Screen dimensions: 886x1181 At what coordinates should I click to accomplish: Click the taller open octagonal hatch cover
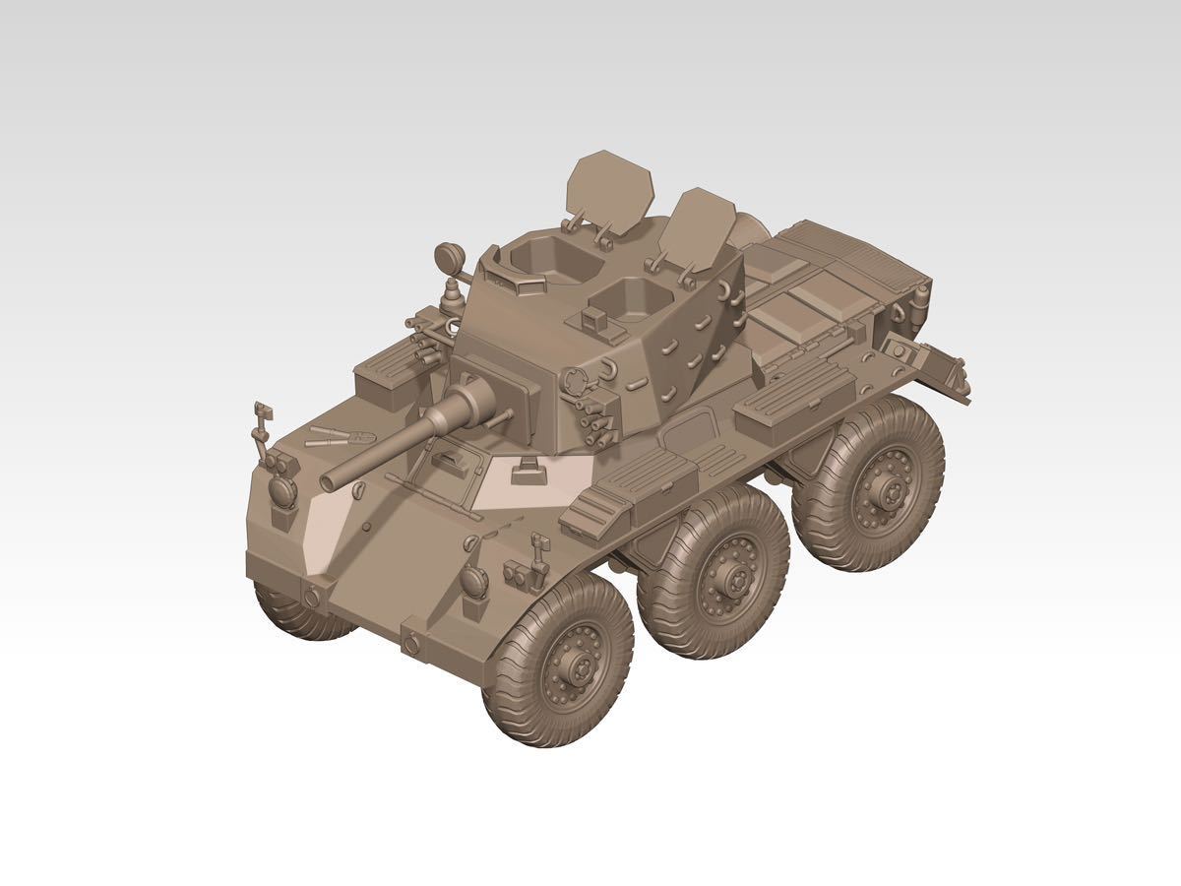click(x=610, y=187)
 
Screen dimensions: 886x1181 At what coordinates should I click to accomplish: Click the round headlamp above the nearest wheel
click(x=474, y=582)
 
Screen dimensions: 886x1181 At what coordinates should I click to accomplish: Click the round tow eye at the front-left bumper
click(x=311, y=597)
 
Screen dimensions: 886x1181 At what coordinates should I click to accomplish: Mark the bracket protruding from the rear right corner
click(x=930, y=363)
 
